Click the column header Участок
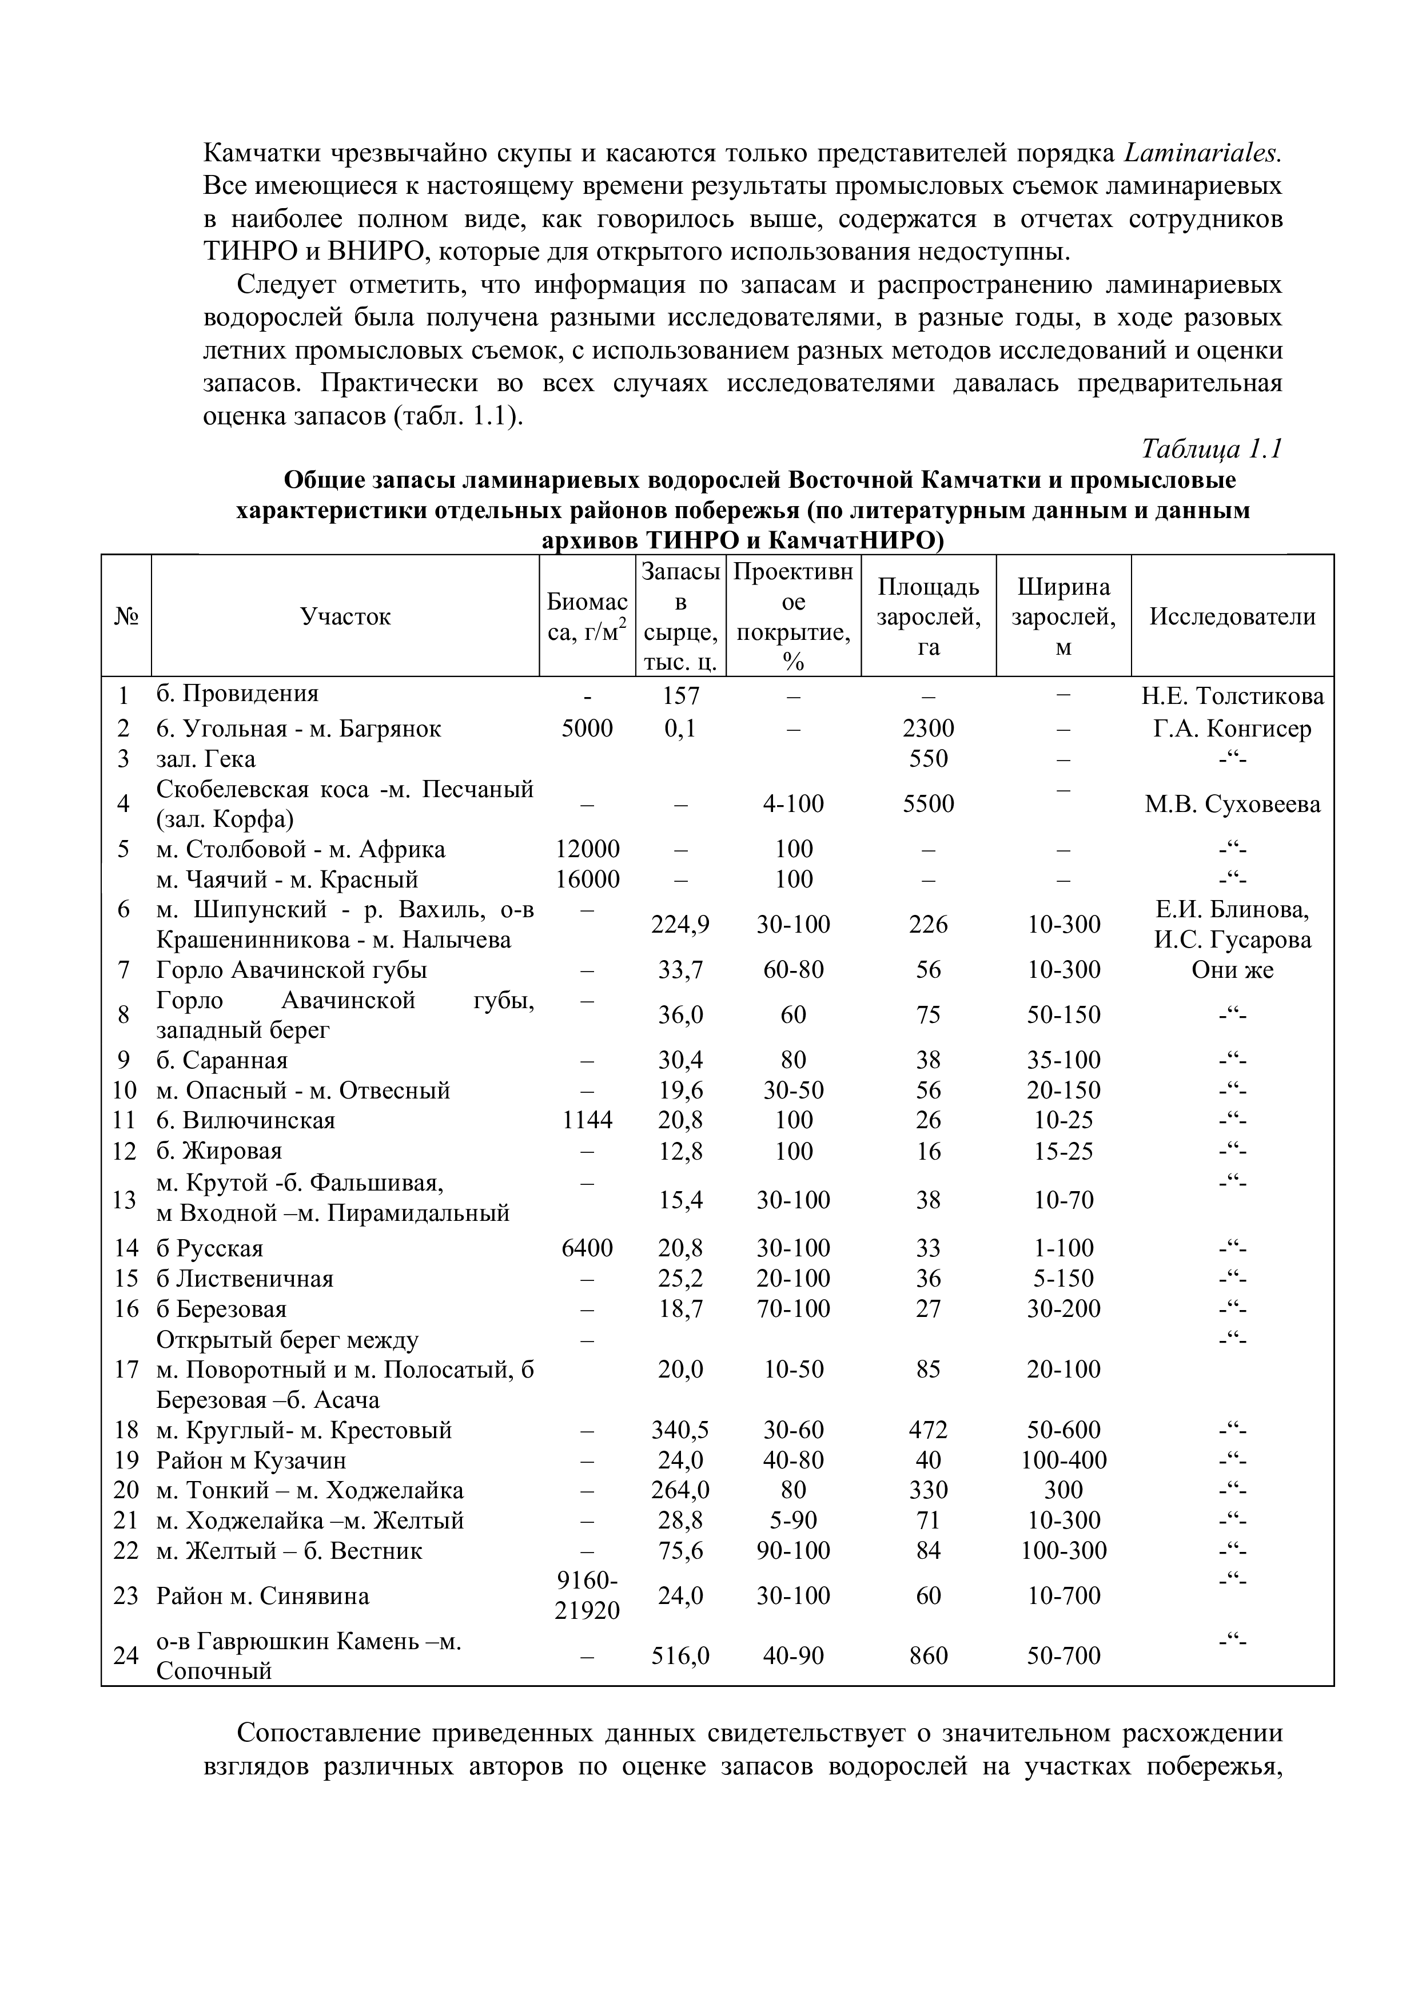coord(345,617)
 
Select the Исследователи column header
coord(1232,617)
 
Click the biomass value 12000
coord(587,849)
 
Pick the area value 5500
coord(928,804)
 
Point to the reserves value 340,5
coord(680,1430)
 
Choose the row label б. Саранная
coord(222,1060)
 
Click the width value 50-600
coord(1063,1430)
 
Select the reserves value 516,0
coord(680,1655)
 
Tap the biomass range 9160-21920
coord(587,1595)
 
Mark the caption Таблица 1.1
coord(1211,449)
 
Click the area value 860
coord(928,1655)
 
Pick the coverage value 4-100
coord(793,804)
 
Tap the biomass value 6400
coord(587,1248)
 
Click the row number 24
coord(127,1655)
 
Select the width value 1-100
coord(1063,1248)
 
